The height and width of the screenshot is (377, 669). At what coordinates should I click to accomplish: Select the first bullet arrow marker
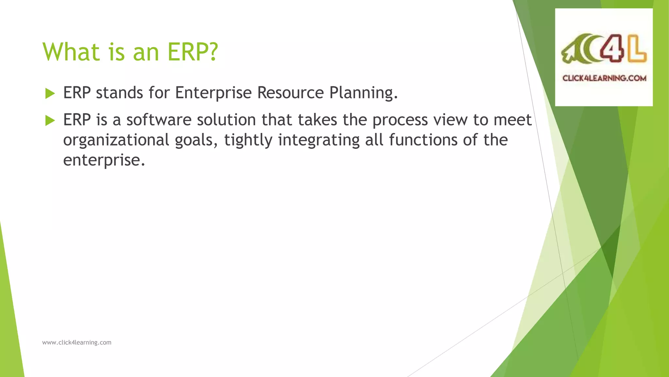tap(50, 94)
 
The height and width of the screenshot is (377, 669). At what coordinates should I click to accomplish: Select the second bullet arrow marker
tap(50, 121)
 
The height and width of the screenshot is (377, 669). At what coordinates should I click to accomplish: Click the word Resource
tap(290, 93)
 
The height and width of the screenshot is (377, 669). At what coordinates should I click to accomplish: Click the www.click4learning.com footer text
tap(77, 343)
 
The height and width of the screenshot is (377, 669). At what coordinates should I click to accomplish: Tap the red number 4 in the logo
tap(610, 48)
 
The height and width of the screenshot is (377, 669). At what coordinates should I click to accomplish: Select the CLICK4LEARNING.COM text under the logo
tap(604, 78)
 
